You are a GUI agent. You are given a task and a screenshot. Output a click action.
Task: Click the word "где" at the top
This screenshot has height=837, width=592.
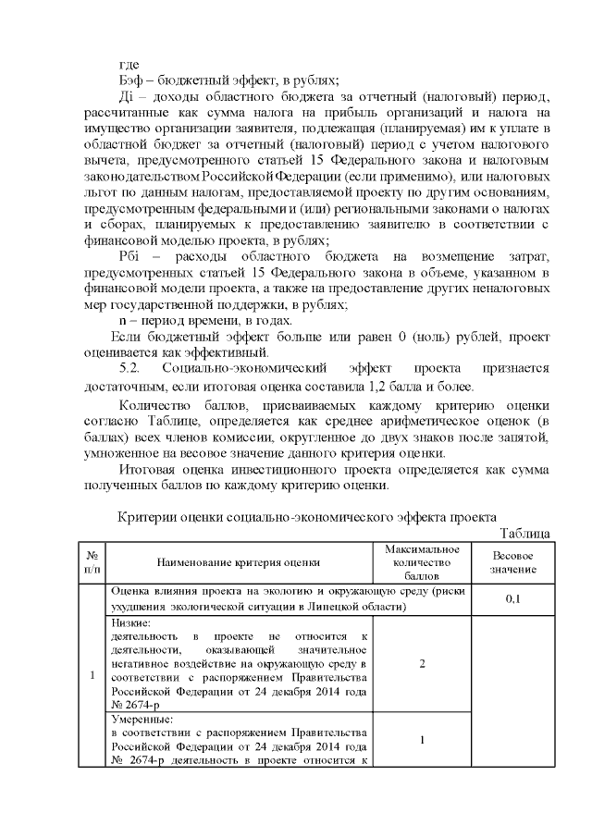[130, 64]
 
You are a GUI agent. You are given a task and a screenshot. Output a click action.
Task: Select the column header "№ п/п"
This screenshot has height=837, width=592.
[92, 561]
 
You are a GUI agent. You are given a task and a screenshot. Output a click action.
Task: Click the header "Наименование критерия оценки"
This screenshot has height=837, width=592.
[239, 561]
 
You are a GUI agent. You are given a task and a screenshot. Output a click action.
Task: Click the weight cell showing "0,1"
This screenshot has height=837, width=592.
[512, 599]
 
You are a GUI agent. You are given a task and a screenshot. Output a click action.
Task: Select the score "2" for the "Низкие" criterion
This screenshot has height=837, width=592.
[422, 663]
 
